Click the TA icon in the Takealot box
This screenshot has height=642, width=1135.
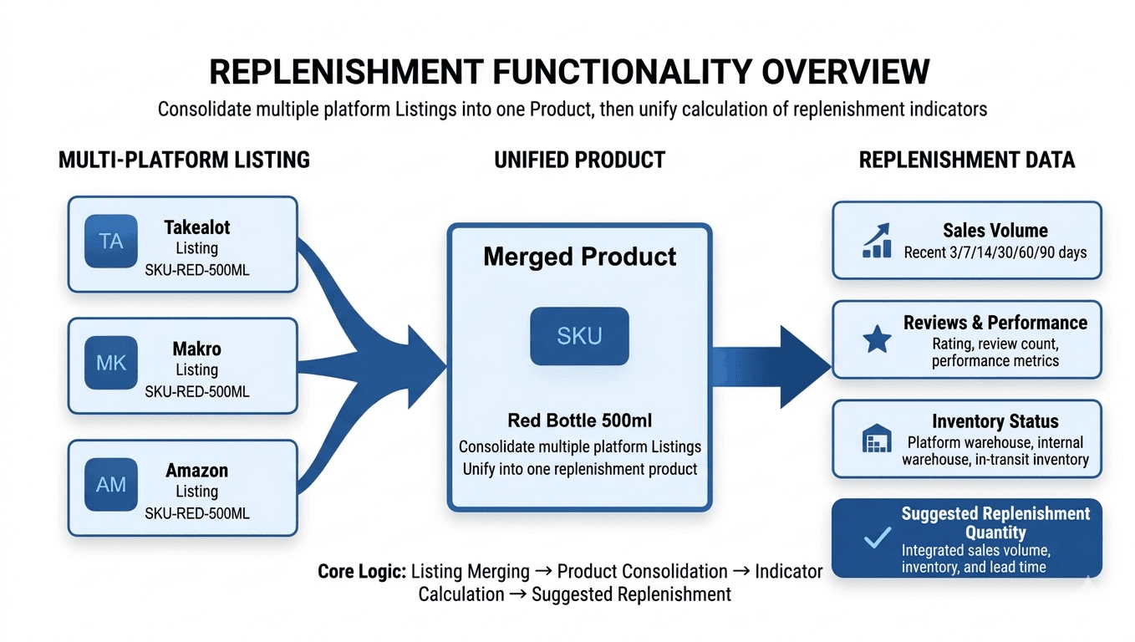[x=110, y=242]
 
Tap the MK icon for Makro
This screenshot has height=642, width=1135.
[x=110, y=364]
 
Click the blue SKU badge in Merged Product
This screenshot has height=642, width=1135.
[x=579, y=336]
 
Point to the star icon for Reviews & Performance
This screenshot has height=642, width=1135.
[x=876, y=339]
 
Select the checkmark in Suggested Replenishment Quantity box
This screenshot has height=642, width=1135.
[x=876, y=538]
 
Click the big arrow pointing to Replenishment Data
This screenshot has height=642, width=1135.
[x=769, y=366]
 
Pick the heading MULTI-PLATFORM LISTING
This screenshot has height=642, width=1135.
[x=184, y=160]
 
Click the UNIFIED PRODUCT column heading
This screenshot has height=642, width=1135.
[x=580, y=160]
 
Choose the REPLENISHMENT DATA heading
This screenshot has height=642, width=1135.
[x=967, y=160]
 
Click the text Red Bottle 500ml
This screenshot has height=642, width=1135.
[x=580, y=420]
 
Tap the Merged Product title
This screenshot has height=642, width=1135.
[x=580, y=257]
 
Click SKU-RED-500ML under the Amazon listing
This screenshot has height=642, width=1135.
[x=197, y=513]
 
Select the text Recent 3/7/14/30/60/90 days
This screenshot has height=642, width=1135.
[x=995, y=252]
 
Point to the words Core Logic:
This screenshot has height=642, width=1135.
[x=361, y=572]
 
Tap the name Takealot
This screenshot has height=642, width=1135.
[x=197, y=227]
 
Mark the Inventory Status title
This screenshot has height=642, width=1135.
[x=995, y=421]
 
